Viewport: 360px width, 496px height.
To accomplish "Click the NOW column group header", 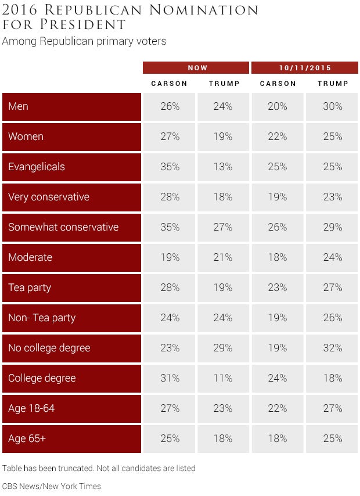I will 197,67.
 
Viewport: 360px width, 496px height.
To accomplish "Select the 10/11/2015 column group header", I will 305,67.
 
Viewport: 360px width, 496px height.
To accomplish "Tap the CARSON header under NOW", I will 169,84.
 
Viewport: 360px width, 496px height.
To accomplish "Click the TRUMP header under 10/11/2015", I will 333,84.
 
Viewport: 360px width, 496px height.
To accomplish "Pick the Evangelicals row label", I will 37,167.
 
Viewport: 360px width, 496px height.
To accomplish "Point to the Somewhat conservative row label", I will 63,227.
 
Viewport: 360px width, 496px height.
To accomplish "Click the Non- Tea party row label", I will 42,318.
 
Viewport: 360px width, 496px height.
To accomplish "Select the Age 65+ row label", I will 27,439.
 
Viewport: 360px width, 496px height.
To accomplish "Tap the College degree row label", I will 42,378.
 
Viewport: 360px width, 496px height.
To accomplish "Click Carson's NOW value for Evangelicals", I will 170,167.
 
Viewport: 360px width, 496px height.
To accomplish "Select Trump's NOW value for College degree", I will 223,378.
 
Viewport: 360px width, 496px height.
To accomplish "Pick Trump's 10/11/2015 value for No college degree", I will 333,348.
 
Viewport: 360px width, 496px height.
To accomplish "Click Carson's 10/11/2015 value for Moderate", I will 278,257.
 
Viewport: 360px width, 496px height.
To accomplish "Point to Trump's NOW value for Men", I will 223,106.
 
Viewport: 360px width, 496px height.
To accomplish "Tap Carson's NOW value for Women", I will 170,136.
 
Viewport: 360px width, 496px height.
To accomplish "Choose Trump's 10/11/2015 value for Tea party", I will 333,287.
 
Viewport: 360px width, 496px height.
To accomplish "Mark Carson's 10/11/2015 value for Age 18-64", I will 278,408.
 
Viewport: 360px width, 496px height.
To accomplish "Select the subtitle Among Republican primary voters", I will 84,41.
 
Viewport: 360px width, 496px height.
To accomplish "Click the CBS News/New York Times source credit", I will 52,486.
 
